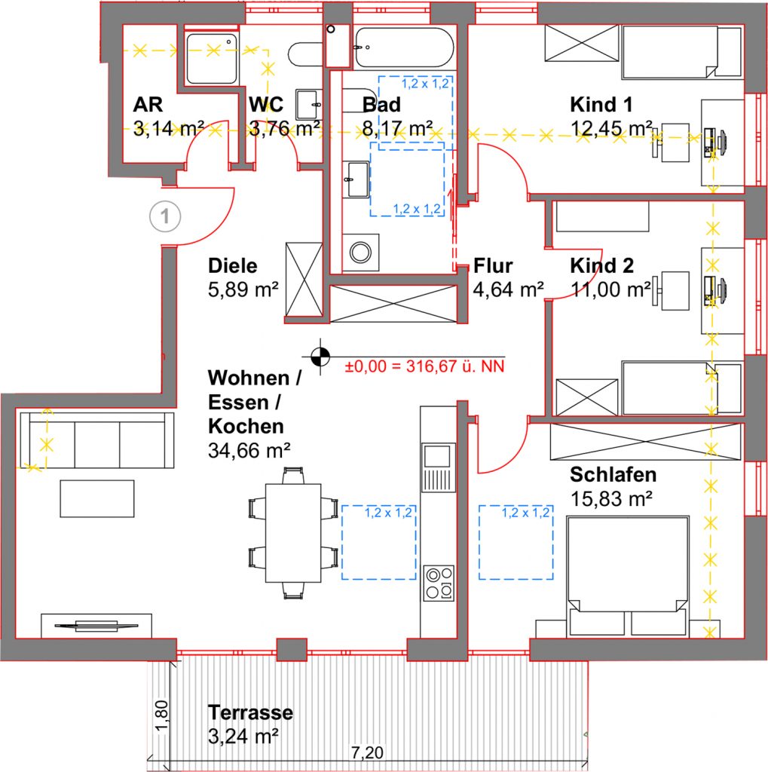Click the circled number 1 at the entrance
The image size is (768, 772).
pyautogui.click(x=165, y=216)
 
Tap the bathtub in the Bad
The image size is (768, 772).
pyautogui.click(x=404, y=47)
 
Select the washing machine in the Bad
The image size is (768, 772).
pyautogui.click(x=361, y=252)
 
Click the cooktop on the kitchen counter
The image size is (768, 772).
pyautogui.click(x=439, y=583)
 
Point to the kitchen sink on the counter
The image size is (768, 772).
pyautogui.click(x=438, y=467)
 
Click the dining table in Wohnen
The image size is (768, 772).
pyautogui.click(x=293, y=533)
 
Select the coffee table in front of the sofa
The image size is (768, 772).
pyautogui.click(x=97, y=499)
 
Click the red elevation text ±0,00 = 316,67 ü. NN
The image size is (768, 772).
pyautogui.click(x=424, y=366)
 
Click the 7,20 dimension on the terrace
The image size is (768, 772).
pyautogui.click(x=367, y=752)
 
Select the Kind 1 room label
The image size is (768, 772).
pyautogui.click(x=601, y=104)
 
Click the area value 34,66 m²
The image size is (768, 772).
pyautogui.click(x=249, y=450)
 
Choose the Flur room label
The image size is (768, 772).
pyautogui.click(x=493, y=266)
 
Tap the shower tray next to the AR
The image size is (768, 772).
pyautogui.click(x=212, y=58)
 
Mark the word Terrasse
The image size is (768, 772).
pyautogui.click(x=250, y=712)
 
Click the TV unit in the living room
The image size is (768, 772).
pyautogui.click(x=96, y=626)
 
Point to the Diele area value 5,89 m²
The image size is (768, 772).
pyautogui.click(x=243, y=289)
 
